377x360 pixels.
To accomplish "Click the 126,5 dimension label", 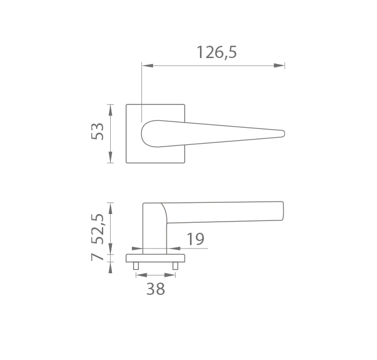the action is pos(216,52).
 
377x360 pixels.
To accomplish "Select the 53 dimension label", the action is pos(97,131).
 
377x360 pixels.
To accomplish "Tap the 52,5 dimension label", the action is pos(97,229).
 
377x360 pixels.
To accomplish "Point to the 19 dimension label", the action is pos(196,239).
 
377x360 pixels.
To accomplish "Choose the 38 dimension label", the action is pos(156,289).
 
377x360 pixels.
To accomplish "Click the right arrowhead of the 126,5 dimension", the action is pos(279,66).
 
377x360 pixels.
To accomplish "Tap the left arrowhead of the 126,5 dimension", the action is pos(147,66).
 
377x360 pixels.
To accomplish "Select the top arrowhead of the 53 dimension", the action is pos(110,110).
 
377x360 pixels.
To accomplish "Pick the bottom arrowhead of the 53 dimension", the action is pos(110,157).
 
